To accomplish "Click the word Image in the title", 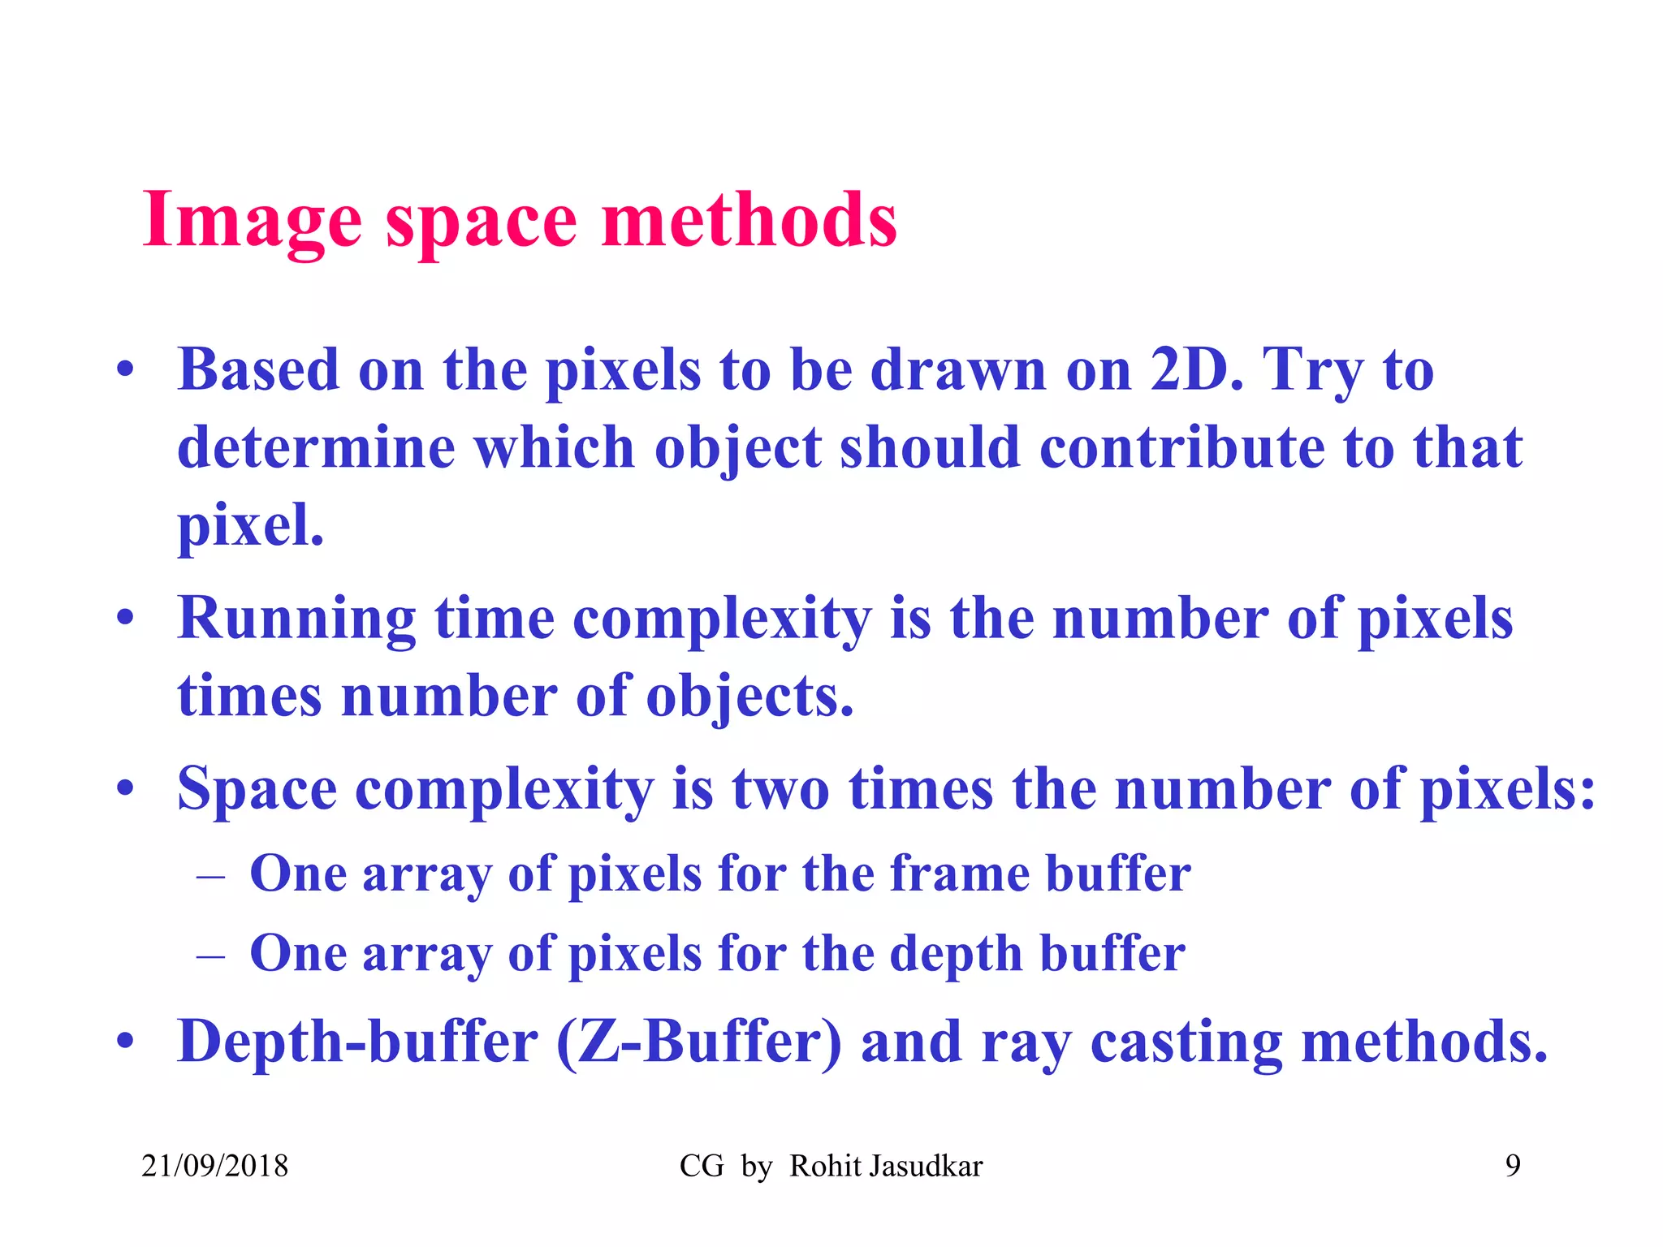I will (x=252, y=221).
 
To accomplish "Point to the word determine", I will (x=316, y=448).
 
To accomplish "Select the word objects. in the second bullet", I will (x=749, y=697).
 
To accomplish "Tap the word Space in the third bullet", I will (x=257, y=789).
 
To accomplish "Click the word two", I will (x=781, y=789).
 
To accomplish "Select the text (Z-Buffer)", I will (x=699, y=1042).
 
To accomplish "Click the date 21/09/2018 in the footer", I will (x=214, y=1167).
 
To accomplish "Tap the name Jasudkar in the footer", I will (x=925, y=1167).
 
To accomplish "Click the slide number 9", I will (x=1513, y=1166).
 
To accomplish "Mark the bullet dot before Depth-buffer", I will (x=124, y=1041).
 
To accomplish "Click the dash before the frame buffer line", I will (x=210, y=877).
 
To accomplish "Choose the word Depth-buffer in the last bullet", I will (x=357, y=1042).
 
